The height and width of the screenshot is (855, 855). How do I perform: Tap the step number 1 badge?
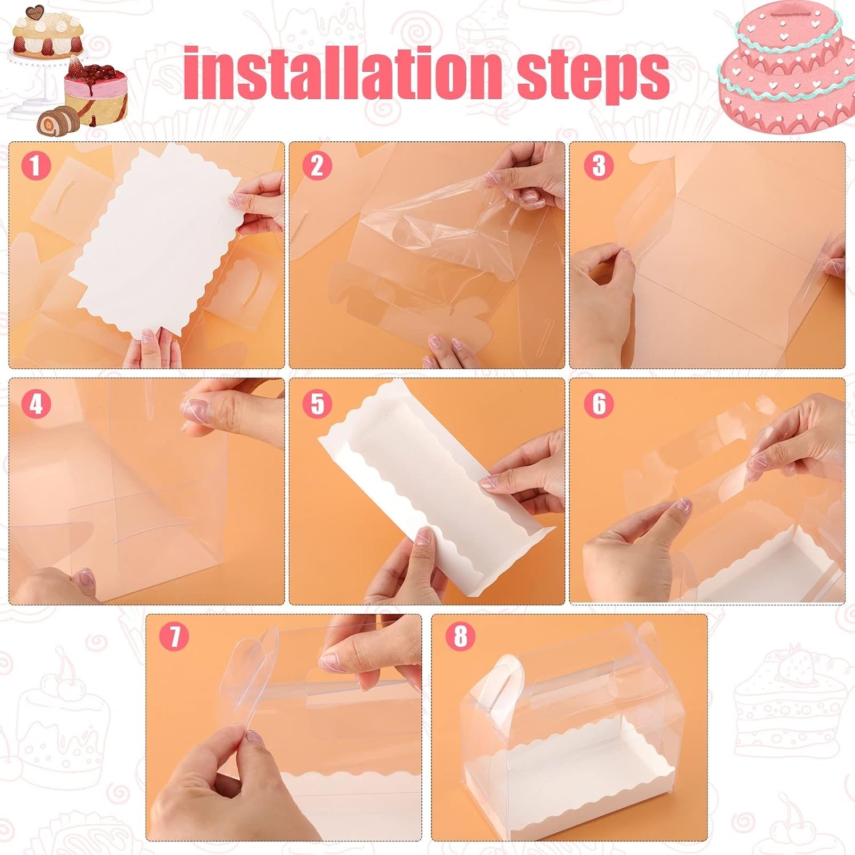[36, 166]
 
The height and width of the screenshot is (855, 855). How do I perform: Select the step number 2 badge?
[317, 166]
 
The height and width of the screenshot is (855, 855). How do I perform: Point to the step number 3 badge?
[598, 166]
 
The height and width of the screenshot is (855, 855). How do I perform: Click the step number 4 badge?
[36, 404]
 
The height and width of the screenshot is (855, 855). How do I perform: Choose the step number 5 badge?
[317, 404]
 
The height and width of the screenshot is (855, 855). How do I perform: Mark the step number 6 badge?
[598, 404]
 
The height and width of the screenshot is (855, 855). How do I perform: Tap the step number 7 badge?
[174, 636]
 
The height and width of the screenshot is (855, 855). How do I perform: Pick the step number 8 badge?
[460, 636]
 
